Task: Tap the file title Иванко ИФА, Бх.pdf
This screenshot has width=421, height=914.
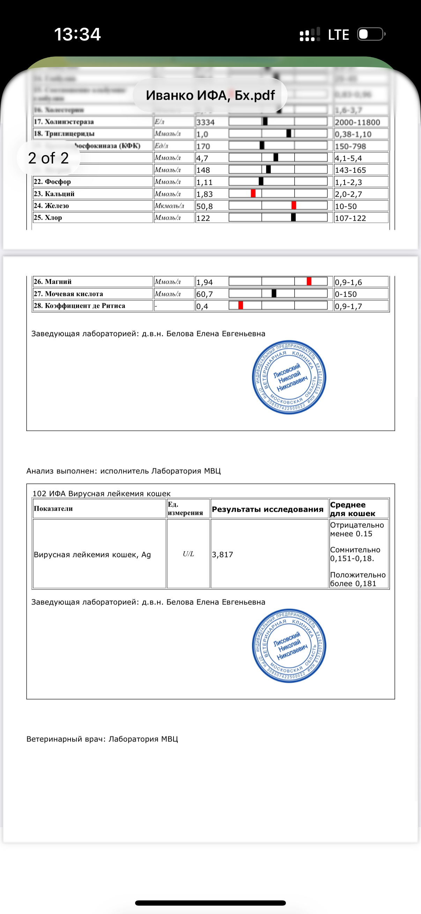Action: (210, 95)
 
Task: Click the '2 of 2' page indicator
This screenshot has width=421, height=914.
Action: (48, 158)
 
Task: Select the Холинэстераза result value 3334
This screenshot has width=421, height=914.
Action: (205, 122)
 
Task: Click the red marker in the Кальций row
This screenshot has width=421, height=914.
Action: (253, 193)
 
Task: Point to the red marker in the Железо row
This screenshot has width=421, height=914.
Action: (294, 205)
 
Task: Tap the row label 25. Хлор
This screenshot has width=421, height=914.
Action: (48, 218)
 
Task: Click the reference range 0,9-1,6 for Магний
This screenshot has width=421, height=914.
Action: (348, 282)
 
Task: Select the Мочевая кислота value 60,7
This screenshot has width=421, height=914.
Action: (205, 294)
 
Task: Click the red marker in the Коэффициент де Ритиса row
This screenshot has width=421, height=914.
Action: (241, 305)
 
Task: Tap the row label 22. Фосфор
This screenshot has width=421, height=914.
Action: (52, 182)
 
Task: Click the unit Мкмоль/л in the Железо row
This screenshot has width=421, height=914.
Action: (169, 206)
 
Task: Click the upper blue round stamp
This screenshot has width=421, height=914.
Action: (289, 377)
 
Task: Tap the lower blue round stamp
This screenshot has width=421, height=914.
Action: (289, 646)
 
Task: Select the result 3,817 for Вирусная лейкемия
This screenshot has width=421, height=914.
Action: (222, 554)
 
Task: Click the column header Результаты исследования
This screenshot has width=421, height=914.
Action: (267, 509)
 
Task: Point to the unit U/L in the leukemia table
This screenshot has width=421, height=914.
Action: (188, 554)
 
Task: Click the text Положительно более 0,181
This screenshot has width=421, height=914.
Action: (357, 579)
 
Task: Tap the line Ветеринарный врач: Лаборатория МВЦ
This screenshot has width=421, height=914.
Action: (102, 739)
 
